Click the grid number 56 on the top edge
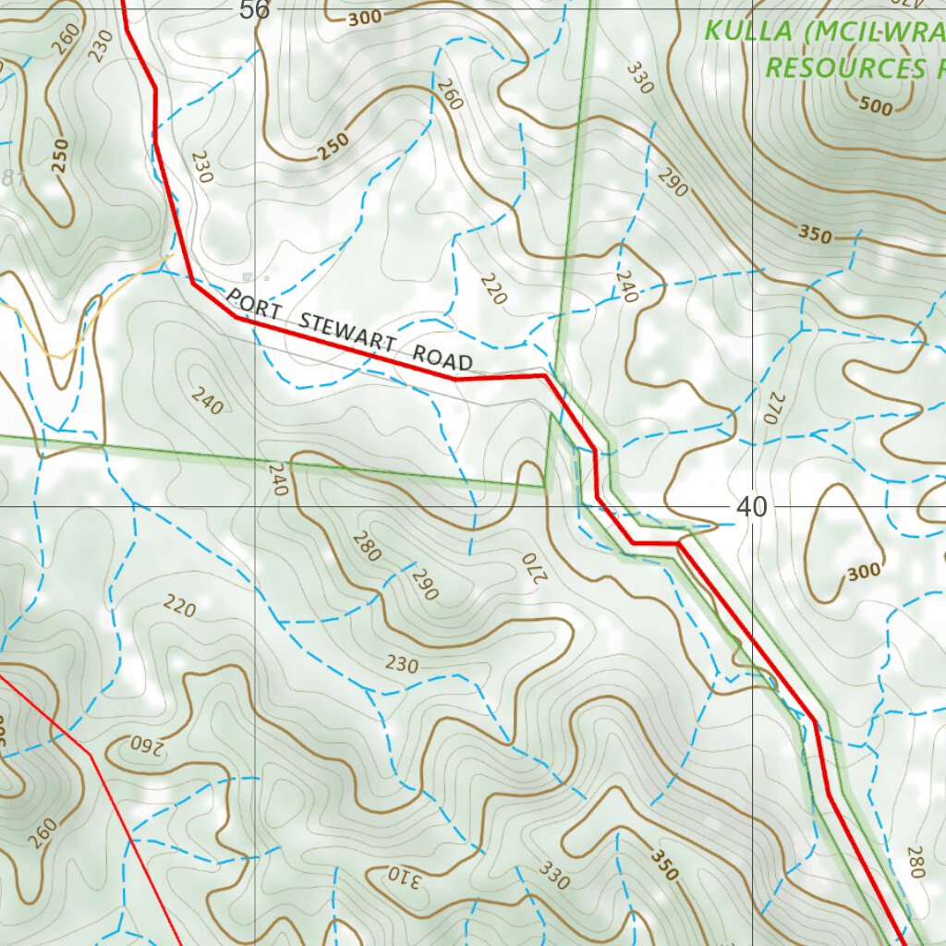pos(254,10)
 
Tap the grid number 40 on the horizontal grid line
pos(752,506)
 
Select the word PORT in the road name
pos(246,301)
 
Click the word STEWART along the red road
pos(348,332)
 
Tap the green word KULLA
pos(748,30)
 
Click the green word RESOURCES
pos(843,67)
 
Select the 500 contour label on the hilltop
pos(875,106)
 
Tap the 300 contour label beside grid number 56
pos(365,18)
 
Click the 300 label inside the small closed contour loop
pos(863,572)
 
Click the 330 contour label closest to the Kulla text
pos(638,78)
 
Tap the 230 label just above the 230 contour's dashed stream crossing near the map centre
pos(402,664)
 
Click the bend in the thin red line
pos(91,754)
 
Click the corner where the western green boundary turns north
pos(546,484)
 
